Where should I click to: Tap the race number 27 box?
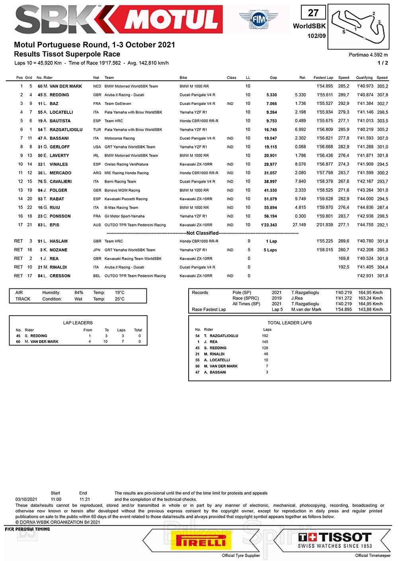pos(313,13)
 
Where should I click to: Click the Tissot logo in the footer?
pos(335,540)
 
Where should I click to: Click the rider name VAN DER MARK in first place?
pos(66,86)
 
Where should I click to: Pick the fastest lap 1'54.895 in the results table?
pos(325,86)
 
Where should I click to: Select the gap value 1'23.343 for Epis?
pos(269,225)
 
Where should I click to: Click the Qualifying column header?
pos(364,78)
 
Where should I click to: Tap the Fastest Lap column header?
pos(323,78)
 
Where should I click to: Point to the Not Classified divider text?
pos(203,233)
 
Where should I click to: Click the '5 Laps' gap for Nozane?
pos(270,250)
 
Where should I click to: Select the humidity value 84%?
pos(79,293)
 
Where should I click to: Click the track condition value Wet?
pos(78,299)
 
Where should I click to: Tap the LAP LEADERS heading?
pos(78,323)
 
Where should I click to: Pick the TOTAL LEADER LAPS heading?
pos(289,323)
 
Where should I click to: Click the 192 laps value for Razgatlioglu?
pos(265,336)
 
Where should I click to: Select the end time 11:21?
pos(85,499)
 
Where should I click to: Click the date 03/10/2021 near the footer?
pos(26,499)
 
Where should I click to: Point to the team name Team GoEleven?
pos(118,104)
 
